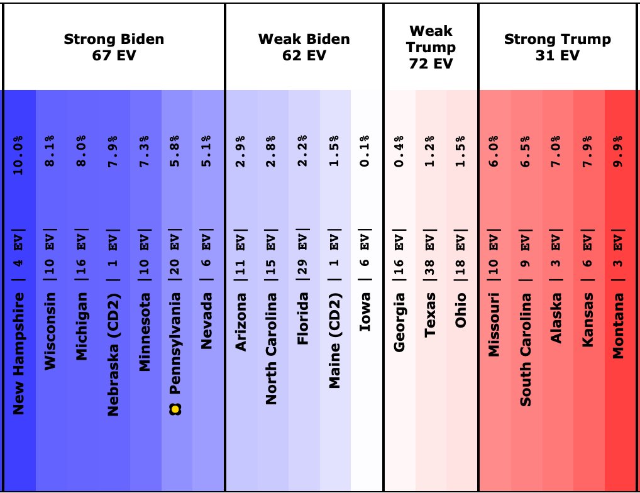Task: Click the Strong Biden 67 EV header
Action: click(x=114, y=47)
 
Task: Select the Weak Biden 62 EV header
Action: click(x=304, y=47)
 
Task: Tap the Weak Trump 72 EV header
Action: click(x=431, y=47)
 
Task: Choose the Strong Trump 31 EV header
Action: click(x=557, y=47)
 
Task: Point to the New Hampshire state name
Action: click(x=19, y=353)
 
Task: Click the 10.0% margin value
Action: click(x=19, y=152)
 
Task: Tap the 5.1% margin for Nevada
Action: click(x=208, y=152)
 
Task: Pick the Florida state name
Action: click(x=304, y=319)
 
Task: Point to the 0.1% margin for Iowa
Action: click(x=367, y=152)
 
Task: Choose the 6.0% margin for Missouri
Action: click(x=494, y=152)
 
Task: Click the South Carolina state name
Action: click(x=525, y=349)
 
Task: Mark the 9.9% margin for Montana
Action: click(x=619, y=152)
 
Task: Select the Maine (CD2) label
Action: click(x=335, y=340)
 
